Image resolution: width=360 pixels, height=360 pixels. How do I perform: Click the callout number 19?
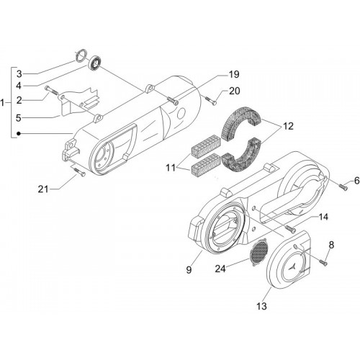[234, 74]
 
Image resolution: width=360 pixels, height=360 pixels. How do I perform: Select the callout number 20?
[234, 91]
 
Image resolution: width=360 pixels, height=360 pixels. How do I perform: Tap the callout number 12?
[288, 126]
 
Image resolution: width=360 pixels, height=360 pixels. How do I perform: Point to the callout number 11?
[171, 168]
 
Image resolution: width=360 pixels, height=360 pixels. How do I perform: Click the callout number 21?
[43, 189]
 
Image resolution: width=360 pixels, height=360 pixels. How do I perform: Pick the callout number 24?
[220, 269]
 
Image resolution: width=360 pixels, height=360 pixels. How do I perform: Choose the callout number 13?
[261, 306]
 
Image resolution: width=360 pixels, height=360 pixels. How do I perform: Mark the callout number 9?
[189, 270]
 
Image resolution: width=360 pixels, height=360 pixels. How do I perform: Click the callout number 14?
[323, 217]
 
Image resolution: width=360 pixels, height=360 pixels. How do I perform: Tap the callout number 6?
[357, 181]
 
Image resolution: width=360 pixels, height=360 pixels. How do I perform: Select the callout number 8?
[331, 245]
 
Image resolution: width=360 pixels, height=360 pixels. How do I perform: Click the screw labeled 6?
[343, 186]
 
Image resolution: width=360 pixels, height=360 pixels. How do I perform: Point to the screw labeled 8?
[323, 262]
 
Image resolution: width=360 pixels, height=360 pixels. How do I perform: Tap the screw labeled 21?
[79, 172]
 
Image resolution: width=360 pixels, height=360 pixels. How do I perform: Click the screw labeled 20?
[211, 100]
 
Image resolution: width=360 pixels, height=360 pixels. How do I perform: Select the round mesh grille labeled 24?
[258, 252]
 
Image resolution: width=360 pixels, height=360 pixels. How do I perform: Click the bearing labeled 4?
[95, 63]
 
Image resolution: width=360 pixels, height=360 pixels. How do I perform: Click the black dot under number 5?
[18, 133]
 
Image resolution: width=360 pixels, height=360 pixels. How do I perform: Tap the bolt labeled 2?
[51, 91]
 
